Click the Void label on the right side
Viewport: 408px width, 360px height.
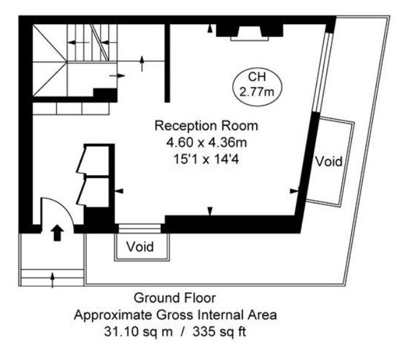coord(328,162)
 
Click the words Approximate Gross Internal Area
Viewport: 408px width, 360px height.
coord(175,316)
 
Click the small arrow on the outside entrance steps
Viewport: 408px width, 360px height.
coord(52,279)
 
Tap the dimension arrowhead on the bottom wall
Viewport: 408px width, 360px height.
coord(210,211)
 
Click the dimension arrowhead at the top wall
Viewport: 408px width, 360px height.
coord(210,28)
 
